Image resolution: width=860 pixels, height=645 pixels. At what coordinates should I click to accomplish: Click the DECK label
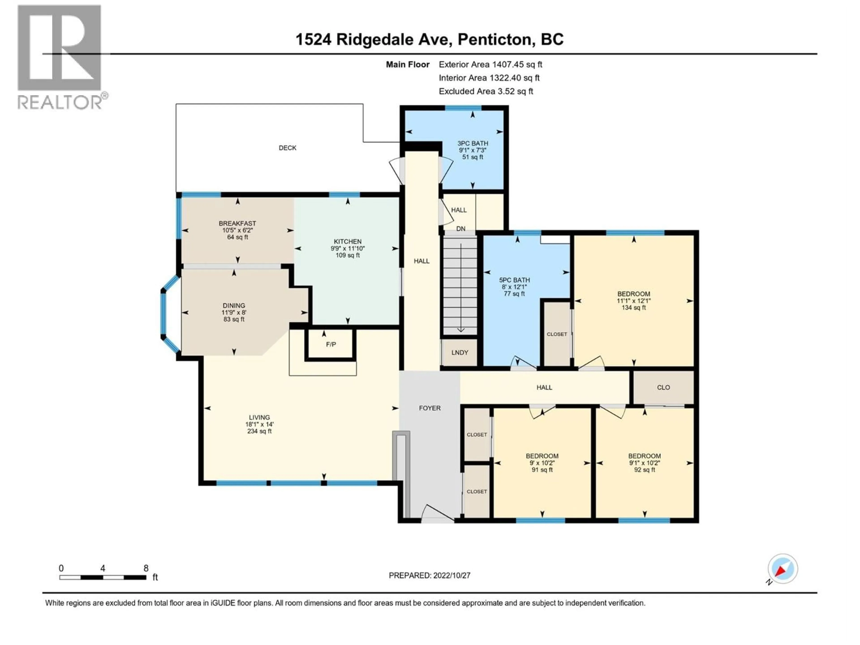pos(287,148)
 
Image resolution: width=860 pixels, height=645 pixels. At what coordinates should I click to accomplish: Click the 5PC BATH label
pos(514,280)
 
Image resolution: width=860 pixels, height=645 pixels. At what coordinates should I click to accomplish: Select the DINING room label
pos(234,305)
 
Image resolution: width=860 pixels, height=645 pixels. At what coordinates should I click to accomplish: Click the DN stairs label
pos(461,229)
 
